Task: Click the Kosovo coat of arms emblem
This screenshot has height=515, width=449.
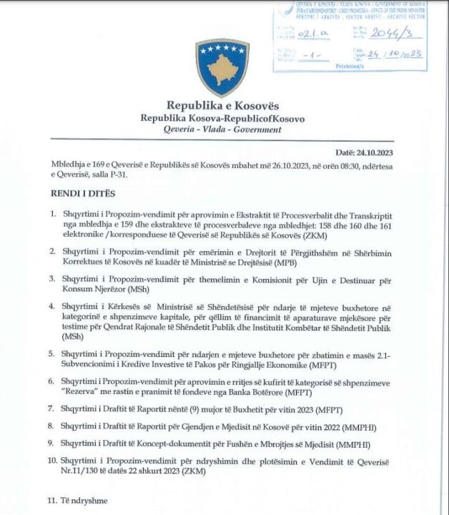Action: tap(222, 68)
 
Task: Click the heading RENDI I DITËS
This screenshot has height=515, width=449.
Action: tap(83, 194)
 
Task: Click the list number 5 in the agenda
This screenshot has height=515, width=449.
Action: tap(52, 353)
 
